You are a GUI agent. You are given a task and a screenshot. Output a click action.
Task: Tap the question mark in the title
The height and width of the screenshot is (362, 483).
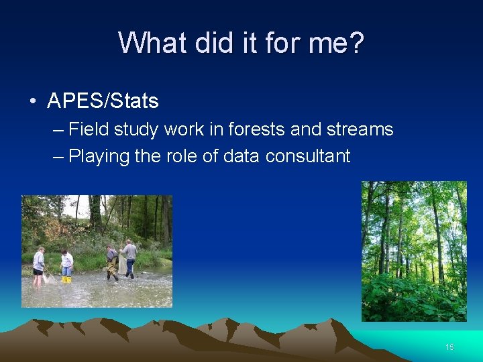click(356, 43)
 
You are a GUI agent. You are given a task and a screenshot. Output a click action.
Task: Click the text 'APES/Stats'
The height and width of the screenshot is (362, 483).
click(103, 101)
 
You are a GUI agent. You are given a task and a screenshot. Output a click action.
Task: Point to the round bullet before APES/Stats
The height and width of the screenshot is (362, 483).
click(33, 102)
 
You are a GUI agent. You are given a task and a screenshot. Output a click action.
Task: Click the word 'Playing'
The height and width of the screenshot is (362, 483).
click(99, 156)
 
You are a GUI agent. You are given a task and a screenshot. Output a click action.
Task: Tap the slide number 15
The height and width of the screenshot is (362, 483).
click(449, 347)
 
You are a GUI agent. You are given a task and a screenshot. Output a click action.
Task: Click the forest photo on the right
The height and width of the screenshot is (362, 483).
click(413, 251)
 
